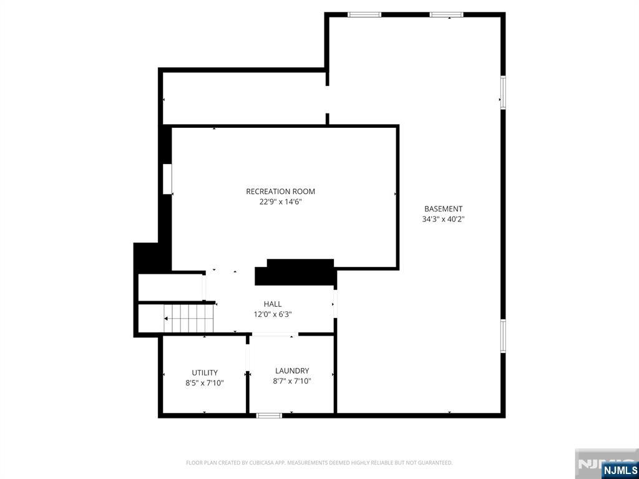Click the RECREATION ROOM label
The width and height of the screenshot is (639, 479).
(x=280, y=191)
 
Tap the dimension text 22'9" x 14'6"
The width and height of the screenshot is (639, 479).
(x=280, y=202)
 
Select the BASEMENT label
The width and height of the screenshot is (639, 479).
(x=443, y=209)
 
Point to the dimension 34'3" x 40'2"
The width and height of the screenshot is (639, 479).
(x=443, y=220)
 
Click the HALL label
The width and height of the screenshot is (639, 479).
(x=272, y=304)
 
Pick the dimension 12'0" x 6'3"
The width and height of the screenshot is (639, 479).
(x=272, y=314)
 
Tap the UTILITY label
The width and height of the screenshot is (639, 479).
(x=205, y=373)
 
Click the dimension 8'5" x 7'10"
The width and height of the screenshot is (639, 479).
(x=205, y=383)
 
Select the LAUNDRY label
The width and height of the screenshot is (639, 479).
(x=292, y=371)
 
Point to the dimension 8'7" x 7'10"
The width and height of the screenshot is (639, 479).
(x=292, y=381)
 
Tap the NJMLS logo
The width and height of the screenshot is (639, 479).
(x=620, y=470)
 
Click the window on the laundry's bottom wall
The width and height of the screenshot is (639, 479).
(x=269, y=415)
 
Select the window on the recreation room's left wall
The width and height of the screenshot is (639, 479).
(x=167, y=179)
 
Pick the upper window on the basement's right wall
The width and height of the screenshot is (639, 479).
(x=502, y=93)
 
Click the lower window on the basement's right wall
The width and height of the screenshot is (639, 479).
(x=502, y=336)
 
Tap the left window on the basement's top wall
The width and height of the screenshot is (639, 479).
(x=364, y=14)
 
